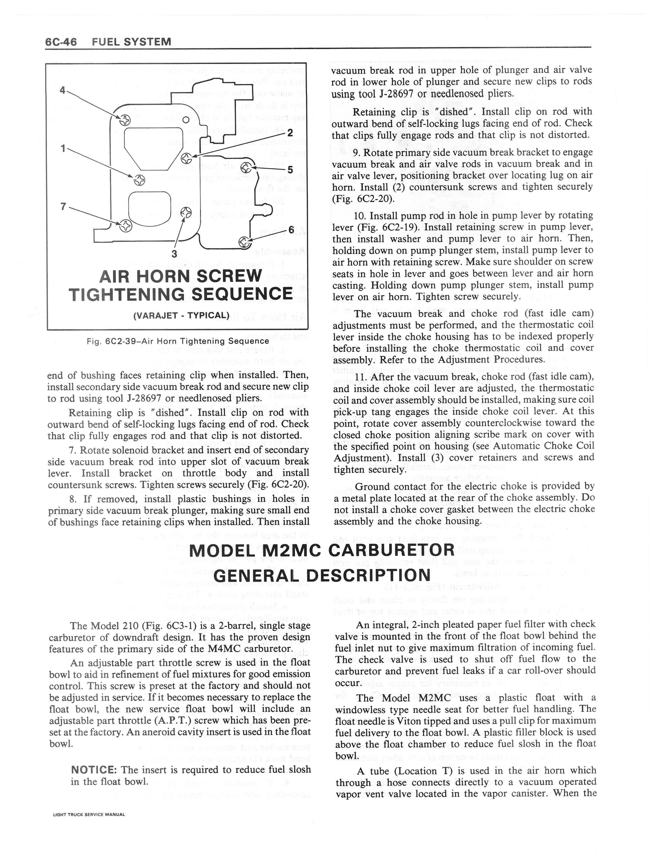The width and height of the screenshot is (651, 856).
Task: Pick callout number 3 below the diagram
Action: click(x=174, y=254)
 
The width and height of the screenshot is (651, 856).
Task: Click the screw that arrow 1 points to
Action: click(x=140, y=180)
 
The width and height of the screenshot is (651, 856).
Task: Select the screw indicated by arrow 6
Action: click(x=244, y=242)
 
